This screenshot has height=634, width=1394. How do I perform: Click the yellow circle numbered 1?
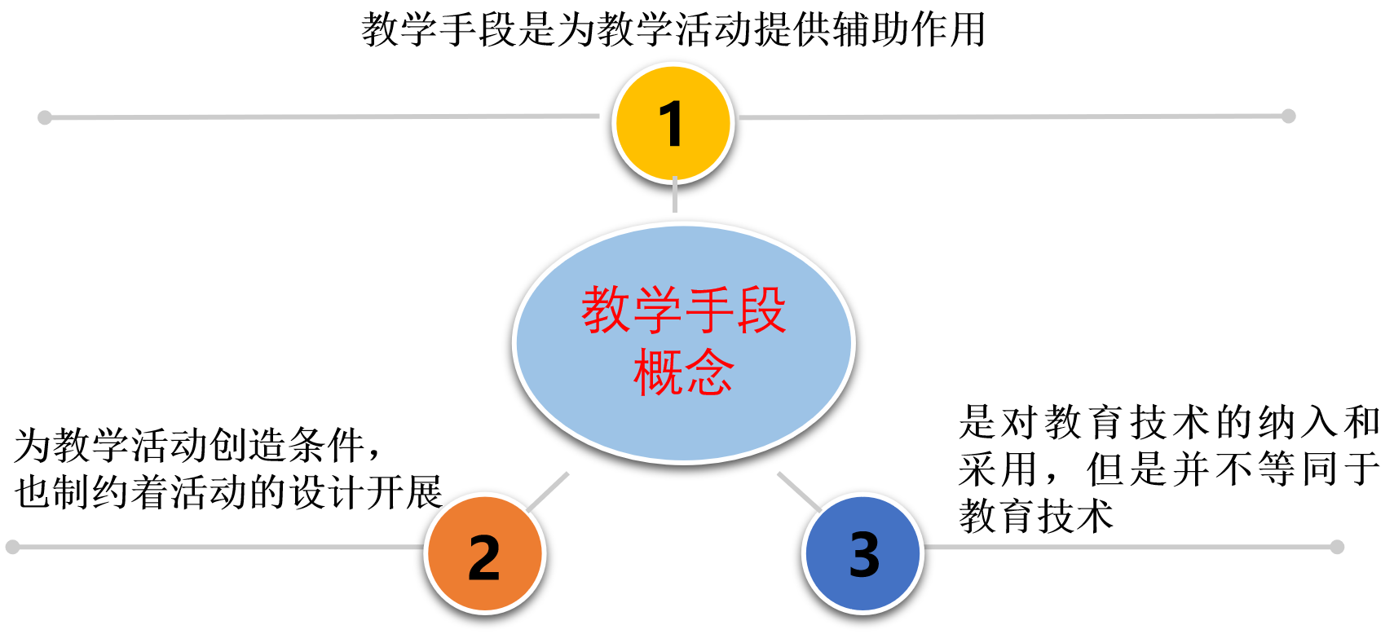[673, 124]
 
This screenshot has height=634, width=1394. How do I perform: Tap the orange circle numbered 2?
[484, 556]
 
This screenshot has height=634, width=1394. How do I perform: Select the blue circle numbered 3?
[862, 554]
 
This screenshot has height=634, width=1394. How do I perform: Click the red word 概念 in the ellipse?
[683, 372]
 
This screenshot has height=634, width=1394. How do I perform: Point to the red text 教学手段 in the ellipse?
[683, 310]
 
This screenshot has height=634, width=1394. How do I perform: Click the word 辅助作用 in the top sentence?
[909, 30]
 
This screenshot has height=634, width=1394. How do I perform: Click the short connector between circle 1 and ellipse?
[675, 196]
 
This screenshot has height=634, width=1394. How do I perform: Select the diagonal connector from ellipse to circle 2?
[548, 491]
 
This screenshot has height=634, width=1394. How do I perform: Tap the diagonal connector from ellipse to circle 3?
[799, 491]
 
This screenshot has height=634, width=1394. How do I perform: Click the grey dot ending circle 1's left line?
[45, 118]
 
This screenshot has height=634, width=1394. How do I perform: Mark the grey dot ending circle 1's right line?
[1288, 116]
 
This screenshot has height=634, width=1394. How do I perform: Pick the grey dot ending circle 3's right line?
[1337, 547]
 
